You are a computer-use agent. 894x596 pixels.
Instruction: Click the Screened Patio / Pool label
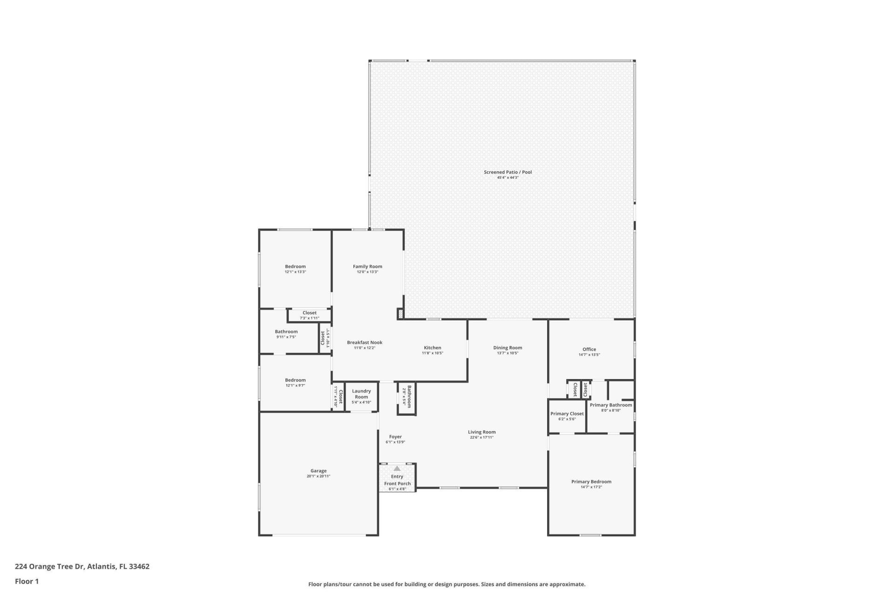[508, 172]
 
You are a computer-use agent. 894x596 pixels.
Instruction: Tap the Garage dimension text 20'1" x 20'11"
[318, 476]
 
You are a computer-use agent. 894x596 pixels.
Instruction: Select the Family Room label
[367, 267]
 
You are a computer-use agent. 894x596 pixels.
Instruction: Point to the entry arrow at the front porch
[397, 468]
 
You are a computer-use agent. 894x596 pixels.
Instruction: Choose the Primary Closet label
[567, 413]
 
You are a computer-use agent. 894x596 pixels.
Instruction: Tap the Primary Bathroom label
[611, 405]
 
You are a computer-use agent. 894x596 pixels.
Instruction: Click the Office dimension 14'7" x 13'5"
[589, 355]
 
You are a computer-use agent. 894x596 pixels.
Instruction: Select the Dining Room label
[508, 348]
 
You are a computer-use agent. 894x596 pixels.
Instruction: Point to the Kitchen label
[432, 348]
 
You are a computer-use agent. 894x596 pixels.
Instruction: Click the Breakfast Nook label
[365, 343]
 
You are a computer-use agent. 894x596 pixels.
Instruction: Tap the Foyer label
[395, 437]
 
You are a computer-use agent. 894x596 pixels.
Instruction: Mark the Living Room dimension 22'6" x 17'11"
[481, 438]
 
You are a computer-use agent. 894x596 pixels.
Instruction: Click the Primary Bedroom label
[591, 482]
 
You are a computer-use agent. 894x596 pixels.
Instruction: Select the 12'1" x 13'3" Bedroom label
[295, 267]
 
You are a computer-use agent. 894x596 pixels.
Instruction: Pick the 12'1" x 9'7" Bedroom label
[295, 380]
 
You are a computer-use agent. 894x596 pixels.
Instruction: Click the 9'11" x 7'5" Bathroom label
[286, 332]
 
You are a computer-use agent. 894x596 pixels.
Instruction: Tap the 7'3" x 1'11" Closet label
[309, 313]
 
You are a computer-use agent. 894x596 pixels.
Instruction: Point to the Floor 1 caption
[27, 581]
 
